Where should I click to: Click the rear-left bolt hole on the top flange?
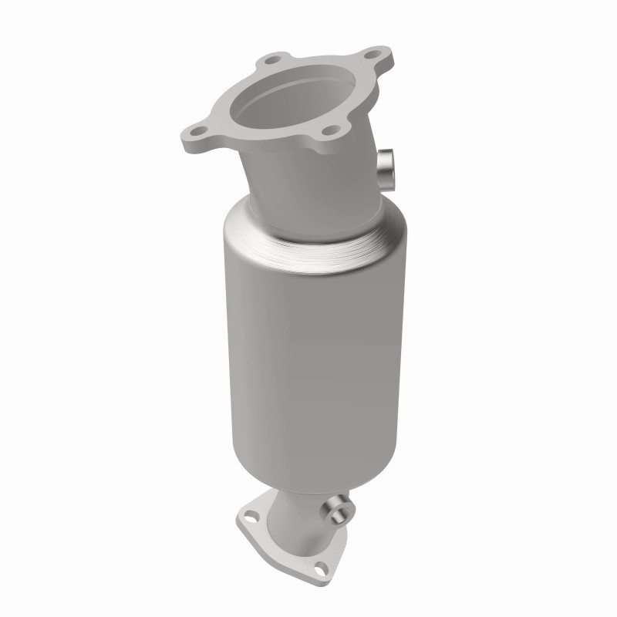click(271, 59)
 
